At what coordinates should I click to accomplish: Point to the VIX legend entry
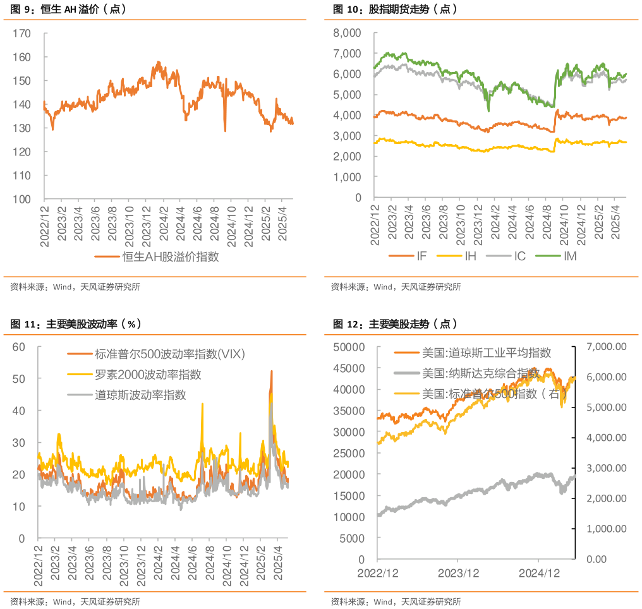169,354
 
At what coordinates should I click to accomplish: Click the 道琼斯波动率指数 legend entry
140,395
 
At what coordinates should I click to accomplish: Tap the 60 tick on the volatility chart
18,347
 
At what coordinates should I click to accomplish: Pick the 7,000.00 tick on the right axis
607,347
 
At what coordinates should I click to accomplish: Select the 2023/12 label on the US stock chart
457,573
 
